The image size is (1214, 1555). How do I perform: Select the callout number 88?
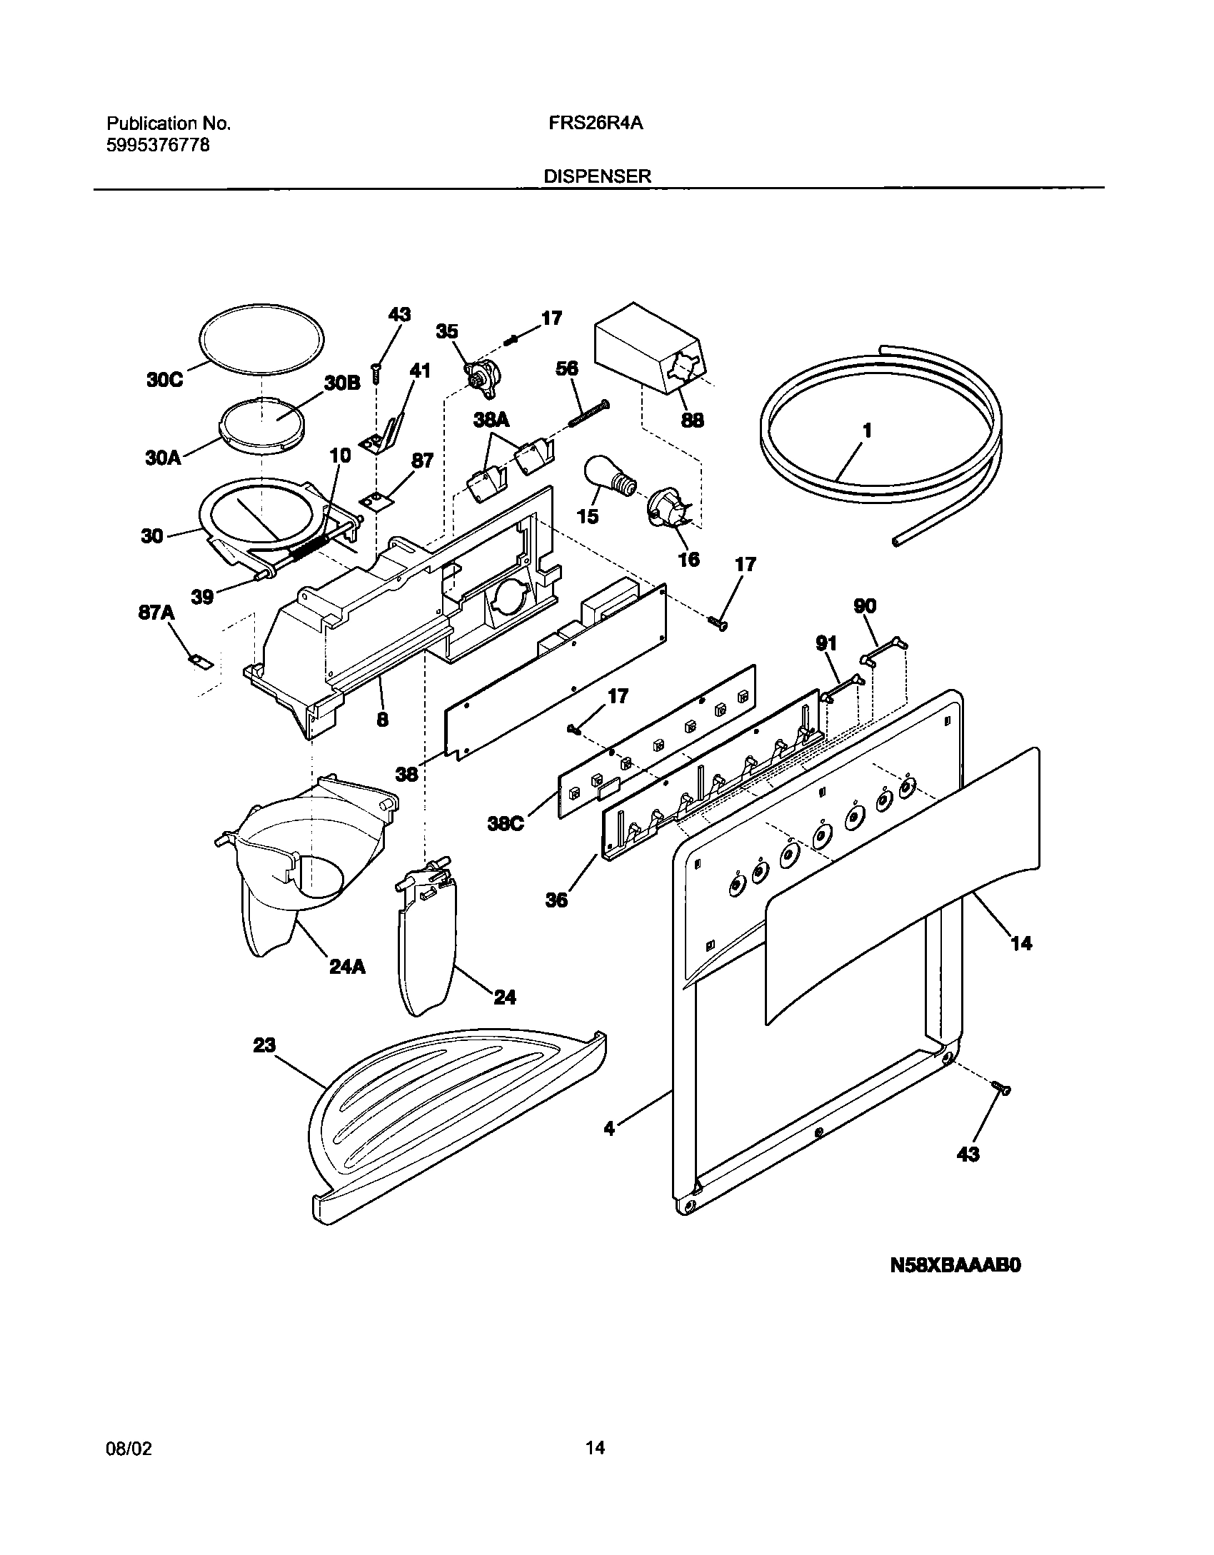pyautogui.click(x=692, y=420)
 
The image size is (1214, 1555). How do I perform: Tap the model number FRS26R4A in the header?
pyautogui.click(x=596, y=123)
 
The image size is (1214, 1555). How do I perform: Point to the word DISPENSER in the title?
pyautogui.click(x=597, y=176)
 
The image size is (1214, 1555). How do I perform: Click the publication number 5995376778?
pyautogui.click(x=158, y=146)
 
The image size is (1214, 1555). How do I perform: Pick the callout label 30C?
pyautogui.click(x=164, y=380)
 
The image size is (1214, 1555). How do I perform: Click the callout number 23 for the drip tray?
pyautogui.click(x=264, y=1045)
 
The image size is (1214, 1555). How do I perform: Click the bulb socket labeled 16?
pyautogui.click(x=665, y=509)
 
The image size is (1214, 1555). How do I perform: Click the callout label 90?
pyautogui.click(x=865, y=606)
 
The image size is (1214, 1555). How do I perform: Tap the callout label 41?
pyautogui.click(x=420, y=370)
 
